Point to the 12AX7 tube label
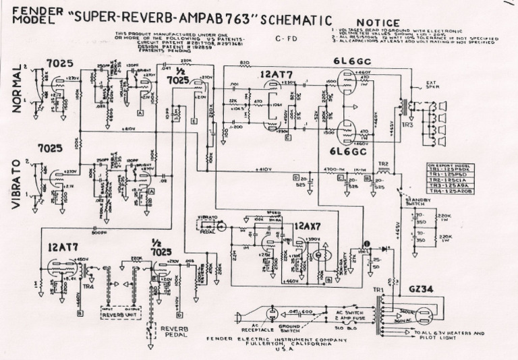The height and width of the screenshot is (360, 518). coord(308,227)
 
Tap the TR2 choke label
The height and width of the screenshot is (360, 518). coord(383,164)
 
